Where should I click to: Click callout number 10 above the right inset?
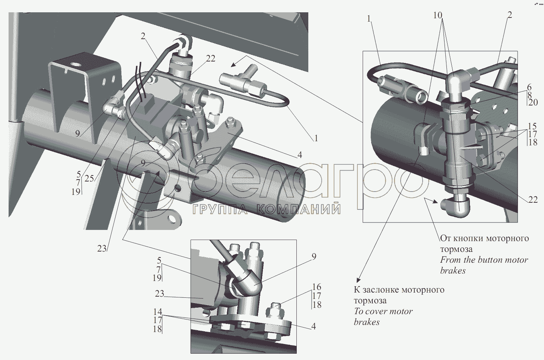pyautogui.click(x=438, y=15)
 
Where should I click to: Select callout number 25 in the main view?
pyautogui.click(x=89, y=179)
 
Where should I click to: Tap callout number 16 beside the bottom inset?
pyautogui.click(x=316, y=287)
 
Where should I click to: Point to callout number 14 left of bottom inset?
pyautogui.click(x=158, y=312)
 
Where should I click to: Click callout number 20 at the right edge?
pyautogui.click(x=533, y=102)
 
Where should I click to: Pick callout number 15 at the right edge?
pyautogui.click(x=532, y=126)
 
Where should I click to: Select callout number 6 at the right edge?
pyautogui.click(x=529, y=87)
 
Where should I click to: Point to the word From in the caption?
pyautogui.click(x=450, y=260)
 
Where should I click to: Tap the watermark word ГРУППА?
pyautogui.click(x=220, y=209)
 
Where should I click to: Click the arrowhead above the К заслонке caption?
pyautogui.click(x=359, y=280)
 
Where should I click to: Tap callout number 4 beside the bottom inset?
pyautogui.click(x=314, y=326)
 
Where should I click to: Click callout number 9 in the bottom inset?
pyautogui.click(x=314, y=256)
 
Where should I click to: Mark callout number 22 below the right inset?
pyautogui.click(x=533, y=200)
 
